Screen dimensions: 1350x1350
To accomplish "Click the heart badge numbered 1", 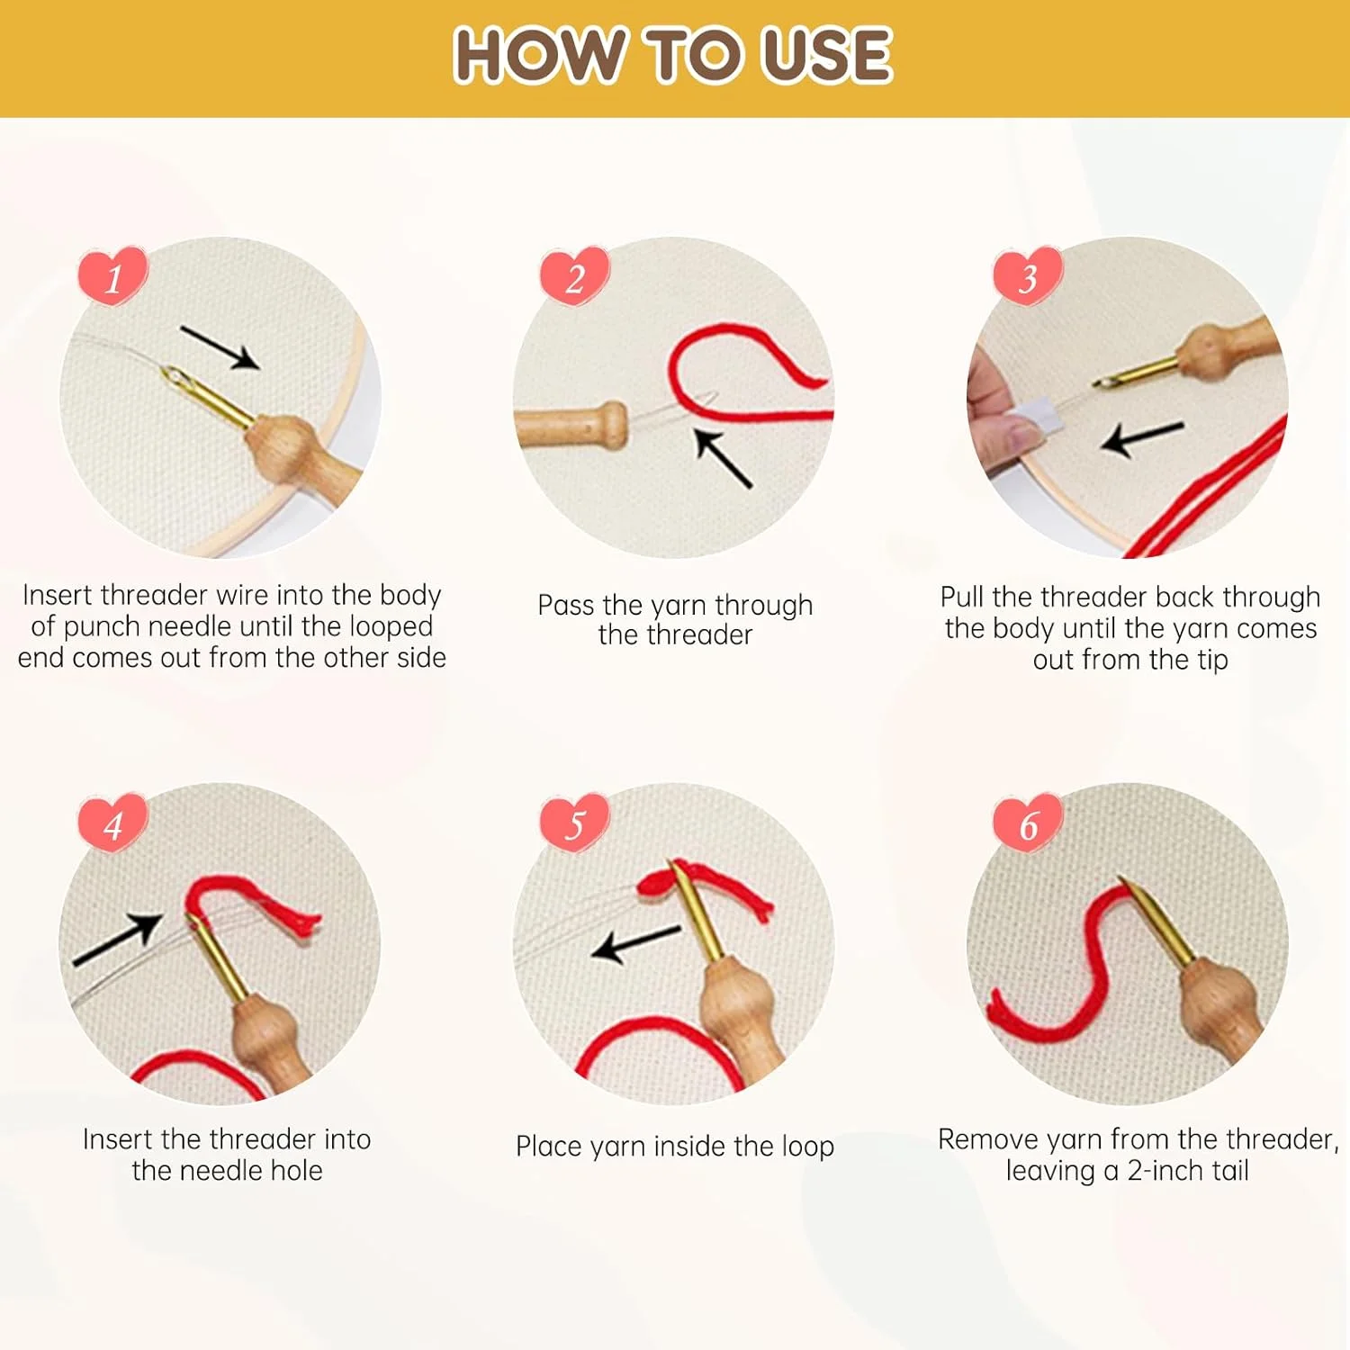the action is [112, 275].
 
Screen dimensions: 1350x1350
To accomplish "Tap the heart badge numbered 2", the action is [574, 275].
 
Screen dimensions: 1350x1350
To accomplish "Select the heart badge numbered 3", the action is [1028, 275].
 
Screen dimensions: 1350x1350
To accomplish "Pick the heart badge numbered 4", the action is [112, 823].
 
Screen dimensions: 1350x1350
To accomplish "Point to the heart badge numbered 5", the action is [574, 823].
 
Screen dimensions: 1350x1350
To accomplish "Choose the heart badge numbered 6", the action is [1028, 823].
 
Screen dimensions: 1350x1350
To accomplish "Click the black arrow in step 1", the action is [220, 347].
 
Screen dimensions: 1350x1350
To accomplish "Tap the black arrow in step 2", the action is [724, 458].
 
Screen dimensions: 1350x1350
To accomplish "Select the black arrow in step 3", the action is [1142, 438].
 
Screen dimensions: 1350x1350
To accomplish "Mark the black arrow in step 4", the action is [118, 940].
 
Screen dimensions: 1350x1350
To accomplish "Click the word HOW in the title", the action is [538, 55].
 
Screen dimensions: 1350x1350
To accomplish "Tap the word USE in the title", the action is [827, 55].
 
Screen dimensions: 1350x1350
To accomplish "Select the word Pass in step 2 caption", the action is [566, 605].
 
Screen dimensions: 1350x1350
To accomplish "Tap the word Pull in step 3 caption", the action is [962, 597].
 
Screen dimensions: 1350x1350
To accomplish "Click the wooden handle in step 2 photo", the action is [571, 425].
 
